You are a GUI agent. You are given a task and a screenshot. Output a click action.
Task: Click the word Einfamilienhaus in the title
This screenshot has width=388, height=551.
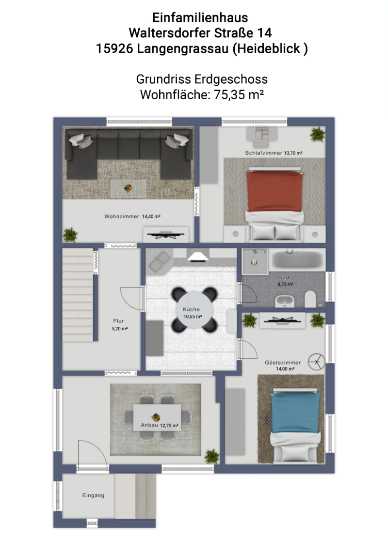200,17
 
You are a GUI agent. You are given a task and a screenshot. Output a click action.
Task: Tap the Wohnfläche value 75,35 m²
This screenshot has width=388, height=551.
239,94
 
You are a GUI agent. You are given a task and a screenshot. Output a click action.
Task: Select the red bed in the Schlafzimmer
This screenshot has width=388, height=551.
275,205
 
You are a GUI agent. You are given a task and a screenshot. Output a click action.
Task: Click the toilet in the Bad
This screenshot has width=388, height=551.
310,299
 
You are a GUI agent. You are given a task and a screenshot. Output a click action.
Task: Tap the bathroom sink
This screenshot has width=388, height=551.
285,301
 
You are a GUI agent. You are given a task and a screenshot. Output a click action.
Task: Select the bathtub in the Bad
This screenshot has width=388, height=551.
297,260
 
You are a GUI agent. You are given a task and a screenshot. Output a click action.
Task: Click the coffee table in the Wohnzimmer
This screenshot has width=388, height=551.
128,189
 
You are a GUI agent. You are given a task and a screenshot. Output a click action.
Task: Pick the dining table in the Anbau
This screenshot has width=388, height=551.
157,417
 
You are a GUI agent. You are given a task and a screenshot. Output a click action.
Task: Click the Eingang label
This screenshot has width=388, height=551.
93,495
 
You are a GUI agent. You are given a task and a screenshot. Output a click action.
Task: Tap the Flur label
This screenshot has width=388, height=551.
119,321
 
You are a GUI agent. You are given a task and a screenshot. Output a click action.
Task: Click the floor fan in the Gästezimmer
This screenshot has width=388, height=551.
316,362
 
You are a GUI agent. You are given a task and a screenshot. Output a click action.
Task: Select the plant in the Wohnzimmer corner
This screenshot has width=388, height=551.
70,235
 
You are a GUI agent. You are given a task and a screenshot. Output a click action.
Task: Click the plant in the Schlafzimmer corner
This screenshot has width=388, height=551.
317,135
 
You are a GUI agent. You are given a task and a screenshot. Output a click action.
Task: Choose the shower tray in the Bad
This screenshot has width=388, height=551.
255,261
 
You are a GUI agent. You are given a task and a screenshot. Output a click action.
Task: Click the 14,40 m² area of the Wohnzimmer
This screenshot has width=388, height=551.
151,216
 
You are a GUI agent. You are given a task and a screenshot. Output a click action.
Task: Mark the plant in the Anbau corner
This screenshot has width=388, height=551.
212,456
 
